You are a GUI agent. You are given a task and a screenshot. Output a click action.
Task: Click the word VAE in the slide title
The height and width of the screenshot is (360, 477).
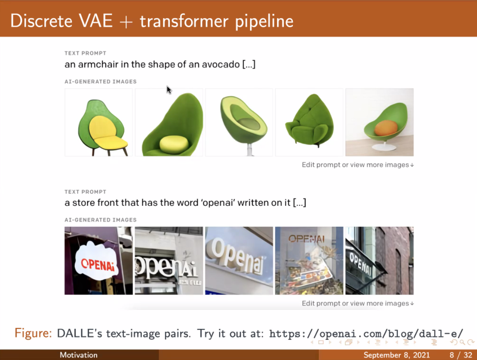coord(95,21)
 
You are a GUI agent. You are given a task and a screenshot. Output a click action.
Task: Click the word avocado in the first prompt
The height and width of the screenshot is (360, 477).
coord(221,65)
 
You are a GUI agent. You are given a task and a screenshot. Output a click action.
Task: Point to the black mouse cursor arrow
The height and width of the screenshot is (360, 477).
coord(169,90)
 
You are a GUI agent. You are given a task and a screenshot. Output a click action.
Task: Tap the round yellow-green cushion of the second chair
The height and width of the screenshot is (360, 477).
coord(174,145)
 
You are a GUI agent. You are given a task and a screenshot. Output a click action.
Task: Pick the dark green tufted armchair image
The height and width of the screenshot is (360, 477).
coord(309,122)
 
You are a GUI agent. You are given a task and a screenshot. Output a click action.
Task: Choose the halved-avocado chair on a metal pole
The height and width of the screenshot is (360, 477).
coord(239,122)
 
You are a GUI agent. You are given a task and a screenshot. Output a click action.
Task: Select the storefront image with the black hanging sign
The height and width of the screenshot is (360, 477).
coord(380,261)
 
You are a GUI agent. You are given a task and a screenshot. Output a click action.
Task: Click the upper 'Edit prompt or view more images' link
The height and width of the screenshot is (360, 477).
coord(358,165)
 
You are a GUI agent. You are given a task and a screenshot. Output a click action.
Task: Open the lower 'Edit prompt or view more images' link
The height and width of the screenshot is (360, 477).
coord(358,303)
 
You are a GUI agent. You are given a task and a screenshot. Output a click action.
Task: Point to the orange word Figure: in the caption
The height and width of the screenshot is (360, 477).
coord(33,334)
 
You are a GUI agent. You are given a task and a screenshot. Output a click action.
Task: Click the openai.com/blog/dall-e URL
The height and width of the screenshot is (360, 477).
coord(366,334)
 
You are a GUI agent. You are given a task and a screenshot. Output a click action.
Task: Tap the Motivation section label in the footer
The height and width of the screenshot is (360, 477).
coord(79,355)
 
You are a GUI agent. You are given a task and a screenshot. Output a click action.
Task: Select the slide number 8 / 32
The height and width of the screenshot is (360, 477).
coord(461,355)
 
